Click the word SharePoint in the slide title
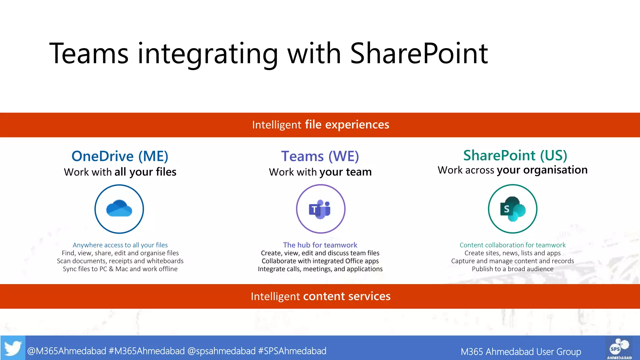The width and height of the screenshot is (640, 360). click(x=419, y=54)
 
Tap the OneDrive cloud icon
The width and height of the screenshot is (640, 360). click(x=119, y=208)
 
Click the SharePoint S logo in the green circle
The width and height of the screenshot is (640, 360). click(x=512, y=209)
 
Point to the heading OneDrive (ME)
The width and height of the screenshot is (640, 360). click(x=120, y=156)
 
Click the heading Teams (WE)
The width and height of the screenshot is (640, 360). click(x=320, y=156)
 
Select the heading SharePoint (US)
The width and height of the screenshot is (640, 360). click(x=515, y=155)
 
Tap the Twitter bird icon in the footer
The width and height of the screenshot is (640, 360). click(x=13, y=348)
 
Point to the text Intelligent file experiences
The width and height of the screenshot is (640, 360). click(x=321, y=125)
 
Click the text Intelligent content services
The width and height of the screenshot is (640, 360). click(x=321, y=296)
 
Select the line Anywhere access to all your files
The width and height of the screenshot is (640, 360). click(x=120, y=245)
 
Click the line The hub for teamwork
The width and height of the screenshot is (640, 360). click(x=320, y=245)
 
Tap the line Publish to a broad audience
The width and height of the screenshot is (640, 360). click(x=512, y=269)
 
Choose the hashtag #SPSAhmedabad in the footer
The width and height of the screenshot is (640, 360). click(x=292, y=351)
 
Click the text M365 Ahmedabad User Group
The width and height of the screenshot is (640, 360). click(x=521, y=352)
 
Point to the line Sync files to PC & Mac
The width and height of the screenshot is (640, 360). click(x=120, y=269)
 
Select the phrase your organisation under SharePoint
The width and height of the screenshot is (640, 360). click(x=542, y=170)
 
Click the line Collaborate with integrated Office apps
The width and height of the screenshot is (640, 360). click(x=320, y=261)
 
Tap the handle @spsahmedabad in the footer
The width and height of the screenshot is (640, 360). click(x=221, y=351)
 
